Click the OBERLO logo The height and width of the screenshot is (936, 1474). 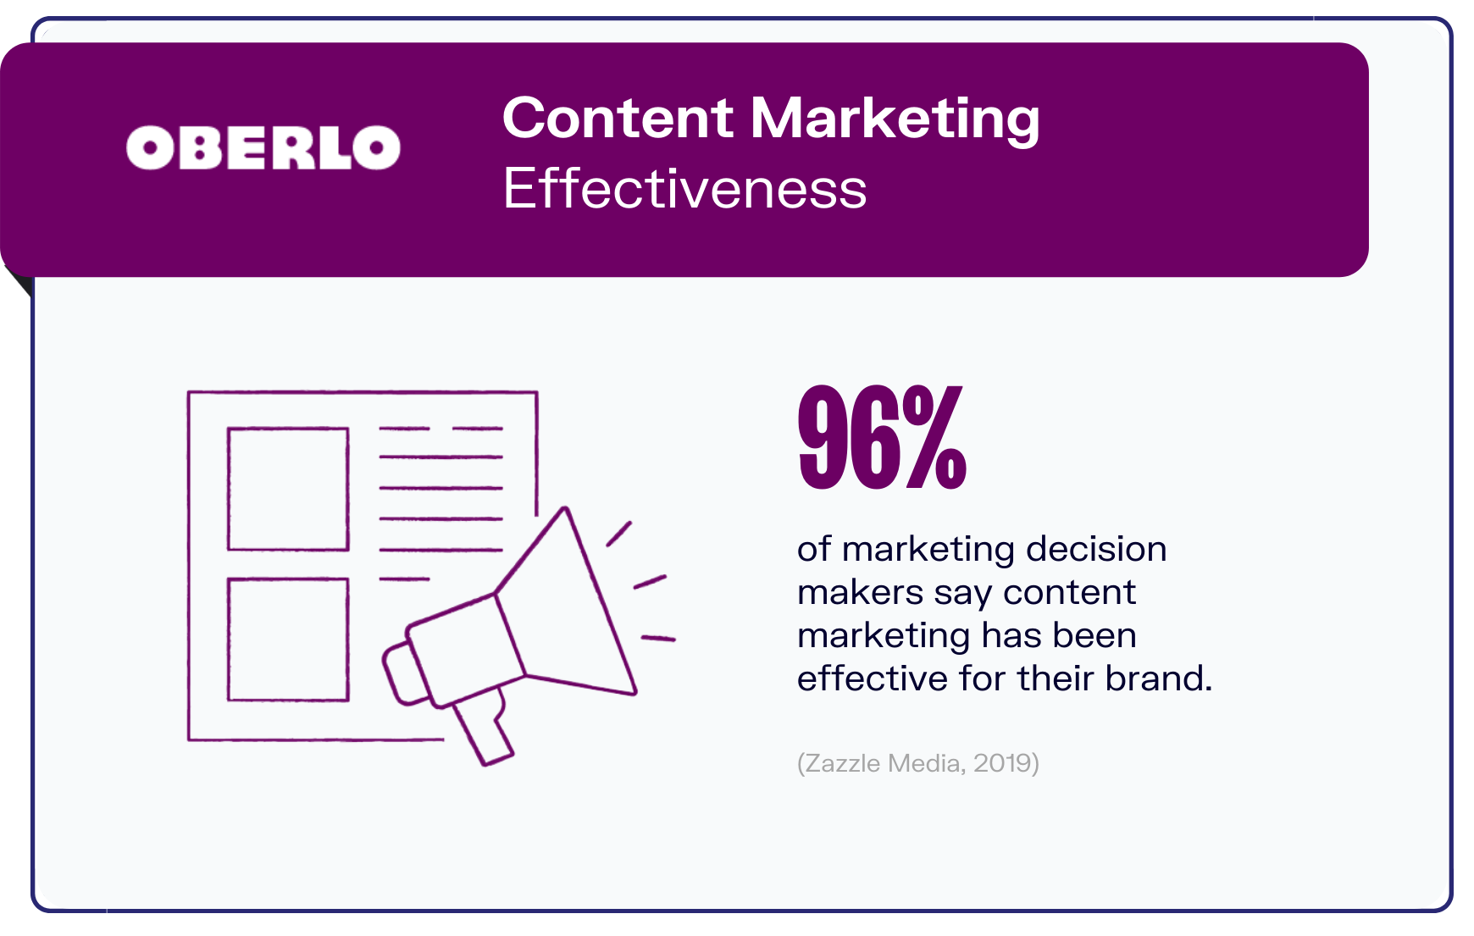tap(263, 148)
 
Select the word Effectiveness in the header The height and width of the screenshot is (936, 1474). tap(684, 188)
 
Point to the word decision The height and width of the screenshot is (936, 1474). tap(1096, 549)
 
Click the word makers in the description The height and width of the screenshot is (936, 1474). tap(860, 592)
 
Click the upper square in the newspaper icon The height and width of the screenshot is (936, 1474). tap(288, 489)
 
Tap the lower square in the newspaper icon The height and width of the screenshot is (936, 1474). tap(288, 640)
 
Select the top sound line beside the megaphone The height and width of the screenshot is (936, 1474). tap(619, 534)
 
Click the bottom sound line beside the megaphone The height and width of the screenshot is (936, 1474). tap(658, 638)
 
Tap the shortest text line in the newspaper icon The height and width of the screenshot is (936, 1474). tap(404, 579)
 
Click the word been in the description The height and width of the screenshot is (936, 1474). tap(1094, 635)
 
